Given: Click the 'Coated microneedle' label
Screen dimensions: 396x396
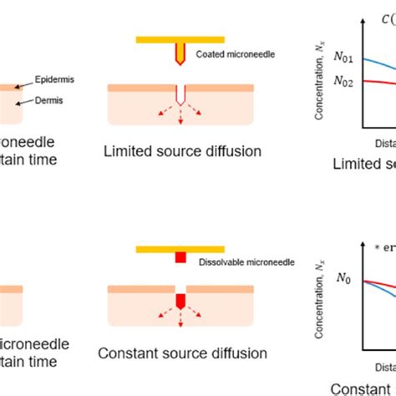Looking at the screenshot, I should pos(228,56).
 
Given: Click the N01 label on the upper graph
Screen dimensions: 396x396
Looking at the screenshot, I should pos(343,59).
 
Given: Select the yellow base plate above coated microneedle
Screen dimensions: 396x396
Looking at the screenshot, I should pos(180,38).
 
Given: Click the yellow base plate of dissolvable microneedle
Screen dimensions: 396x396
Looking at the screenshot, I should pos(180,249).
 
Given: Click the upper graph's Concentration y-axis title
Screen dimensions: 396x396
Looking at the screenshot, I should pos(320,84).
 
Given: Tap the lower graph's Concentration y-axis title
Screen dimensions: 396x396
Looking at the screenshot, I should pos(320,288).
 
